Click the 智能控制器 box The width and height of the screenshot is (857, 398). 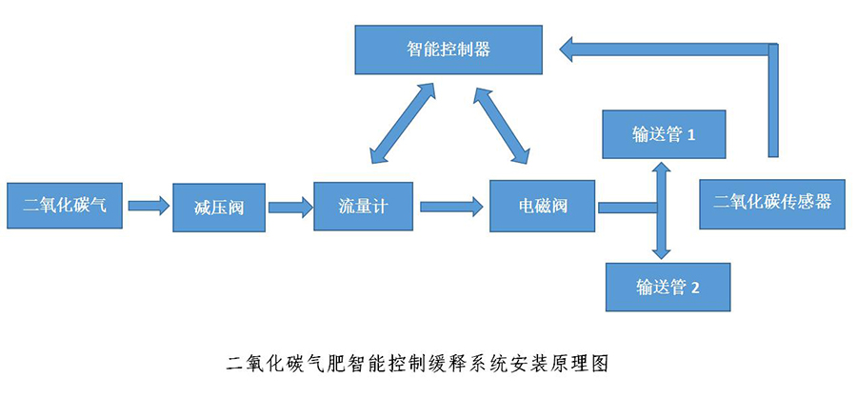[x=448, y=50]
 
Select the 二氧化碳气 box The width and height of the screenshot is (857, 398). [x=64, y=204]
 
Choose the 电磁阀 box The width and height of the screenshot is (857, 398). [x=543, y=204]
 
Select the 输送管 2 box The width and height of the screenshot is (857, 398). [x=667, y=286]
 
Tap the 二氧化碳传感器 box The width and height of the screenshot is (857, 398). [x=772, y=202]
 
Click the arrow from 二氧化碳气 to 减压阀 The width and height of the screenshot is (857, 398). [x=147, y=204]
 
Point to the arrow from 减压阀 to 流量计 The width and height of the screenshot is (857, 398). [x=289, y=205]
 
